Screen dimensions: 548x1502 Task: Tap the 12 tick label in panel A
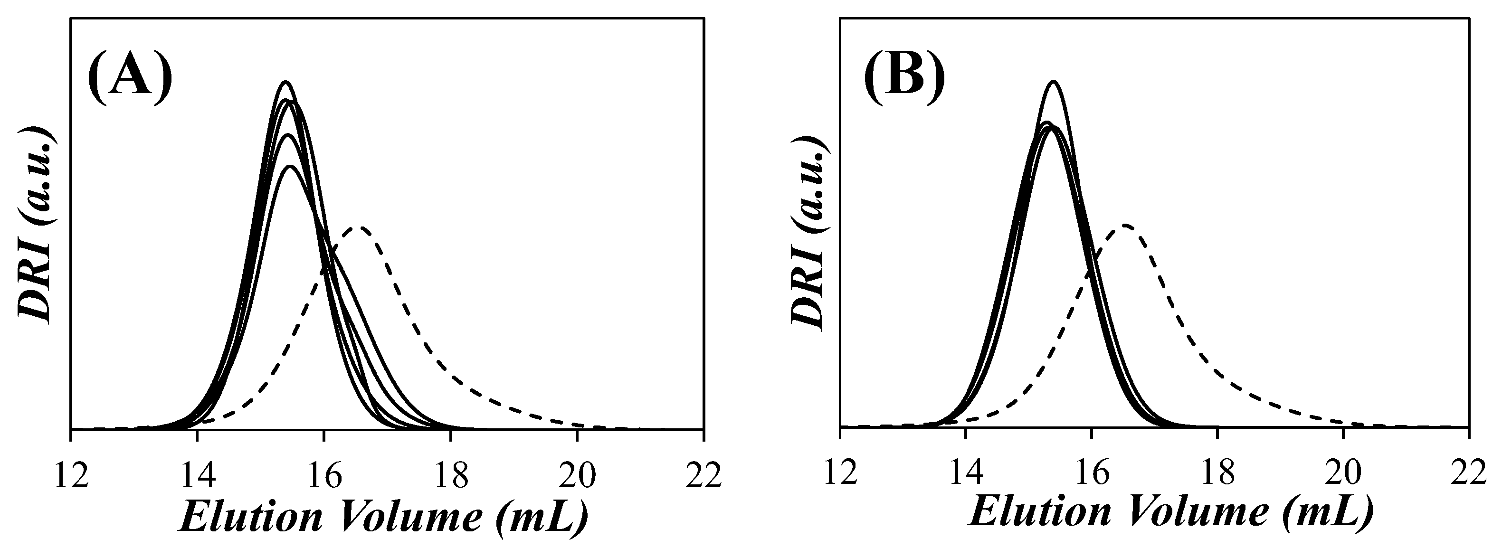(71, 475)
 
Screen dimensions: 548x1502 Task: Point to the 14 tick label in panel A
(198, 475)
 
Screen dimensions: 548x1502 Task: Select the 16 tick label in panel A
(324, 475)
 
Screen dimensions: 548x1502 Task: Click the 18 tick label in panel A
(451, 475)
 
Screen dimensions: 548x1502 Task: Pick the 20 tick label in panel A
(577, 475)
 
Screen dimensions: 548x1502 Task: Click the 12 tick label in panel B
(840, 473)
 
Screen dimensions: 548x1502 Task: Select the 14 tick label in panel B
(966, 473)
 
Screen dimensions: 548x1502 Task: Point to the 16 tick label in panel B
(1092, 473)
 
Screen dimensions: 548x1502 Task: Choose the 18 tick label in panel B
(1217, 473)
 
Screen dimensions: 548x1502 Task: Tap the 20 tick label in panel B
(1343, 473)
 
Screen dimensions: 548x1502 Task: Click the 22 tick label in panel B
(1469, 473)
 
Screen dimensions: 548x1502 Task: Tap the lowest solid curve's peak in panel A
(290, 167)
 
